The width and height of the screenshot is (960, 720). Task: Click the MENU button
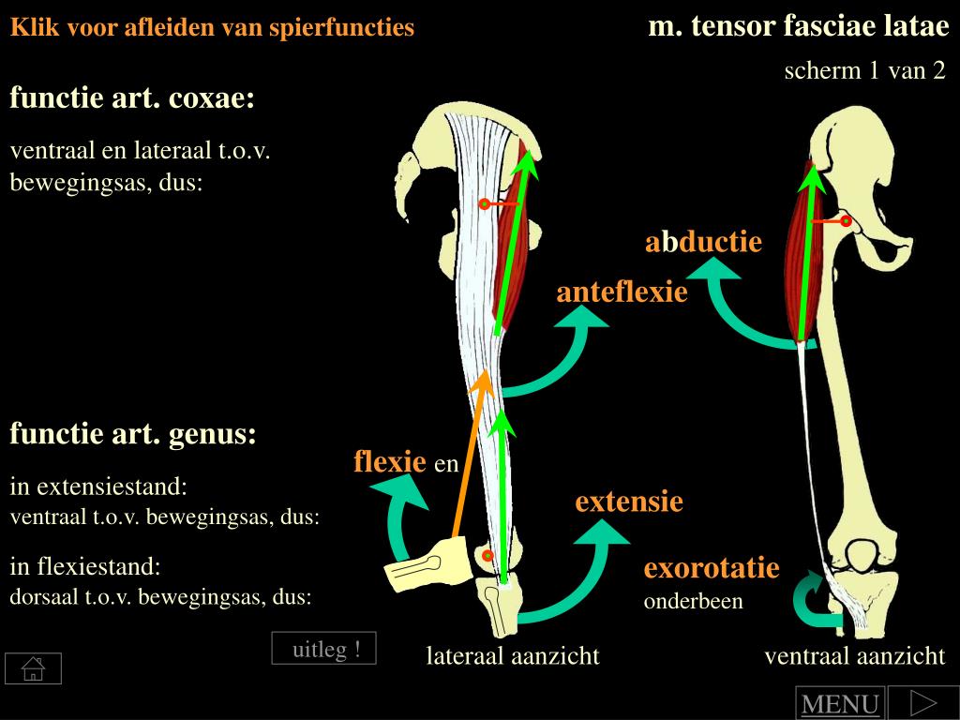[x=839, y=703]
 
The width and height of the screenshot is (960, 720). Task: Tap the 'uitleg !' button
[x=324, y=649]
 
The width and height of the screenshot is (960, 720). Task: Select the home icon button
[x=33, y=668]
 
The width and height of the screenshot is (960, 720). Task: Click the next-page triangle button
[x=922, y=702]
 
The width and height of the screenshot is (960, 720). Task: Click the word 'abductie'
[x=703, y=243]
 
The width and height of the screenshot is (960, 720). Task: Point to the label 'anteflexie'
[x=622, y=292]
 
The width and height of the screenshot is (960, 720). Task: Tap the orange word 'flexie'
[x=390, y=461]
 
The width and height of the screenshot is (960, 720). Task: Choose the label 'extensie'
[x=629, y=502]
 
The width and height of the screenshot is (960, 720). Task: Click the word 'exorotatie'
[x=712, y=568]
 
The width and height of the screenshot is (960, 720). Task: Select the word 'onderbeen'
[x=693, y=601]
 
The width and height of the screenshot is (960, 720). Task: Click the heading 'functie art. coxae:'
[x=132, y=98]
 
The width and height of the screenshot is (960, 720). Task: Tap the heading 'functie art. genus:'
[x=132, y=434]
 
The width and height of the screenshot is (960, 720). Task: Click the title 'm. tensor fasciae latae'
[x=799, y=26]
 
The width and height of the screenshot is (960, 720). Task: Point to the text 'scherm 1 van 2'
[x=864, y=71]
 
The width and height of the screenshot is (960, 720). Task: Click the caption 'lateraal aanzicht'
[x=513, y=656]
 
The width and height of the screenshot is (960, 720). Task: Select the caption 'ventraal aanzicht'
[x=854, y=656]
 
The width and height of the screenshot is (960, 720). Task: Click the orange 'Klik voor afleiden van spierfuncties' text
[x=212, y=28]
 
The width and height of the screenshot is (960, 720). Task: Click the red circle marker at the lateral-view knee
[x=487, y=555]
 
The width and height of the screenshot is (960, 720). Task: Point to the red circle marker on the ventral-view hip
[x=846, y=221]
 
